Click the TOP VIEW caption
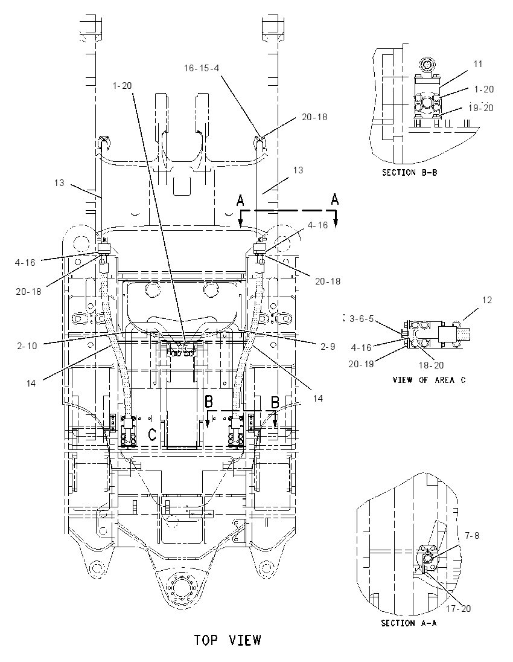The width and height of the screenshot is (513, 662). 228,640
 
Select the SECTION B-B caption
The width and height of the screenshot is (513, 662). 409,172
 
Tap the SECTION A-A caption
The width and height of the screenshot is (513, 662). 409,623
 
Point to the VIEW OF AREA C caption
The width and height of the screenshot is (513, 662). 429,380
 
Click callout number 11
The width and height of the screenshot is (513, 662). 478,64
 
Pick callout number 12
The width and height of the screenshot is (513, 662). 487,300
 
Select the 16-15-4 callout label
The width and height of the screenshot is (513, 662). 201,68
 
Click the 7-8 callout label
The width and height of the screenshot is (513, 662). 472,535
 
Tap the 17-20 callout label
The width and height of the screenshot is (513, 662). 459,608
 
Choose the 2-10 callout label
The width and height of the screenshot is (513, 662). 27,345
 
